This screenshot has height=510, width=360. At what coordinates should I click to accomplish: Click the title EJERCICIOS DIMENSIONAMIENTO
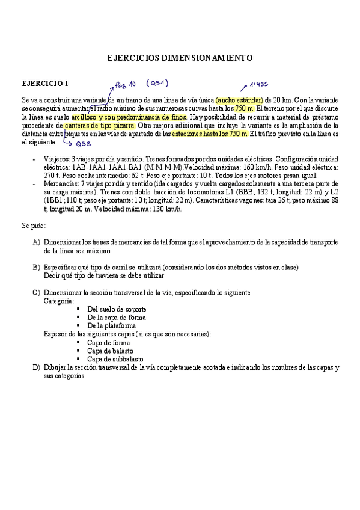tap(180, 58)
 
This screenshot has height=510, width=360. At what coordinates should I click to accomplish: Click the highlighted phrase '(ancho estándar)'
tap(239, 100)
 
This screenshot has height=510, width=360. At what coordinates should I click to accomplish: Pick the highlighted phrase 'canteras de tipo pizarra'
tap(99, 125)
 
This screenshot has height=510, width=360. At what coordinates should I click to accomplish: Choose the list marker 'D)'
tap(37, 367)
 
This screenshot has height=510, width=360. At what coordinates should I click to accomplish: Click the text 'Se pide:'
tap(34, 226)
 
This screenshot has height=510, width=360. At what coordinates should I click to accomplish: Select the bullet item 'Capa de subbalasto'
tap(115, 359)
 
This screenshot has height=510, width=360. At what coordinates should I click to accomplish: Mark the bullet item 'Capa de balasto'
tap(110, 351)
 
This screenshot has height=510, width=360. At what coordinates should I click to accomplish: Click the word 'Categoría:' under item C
tap(59, 300)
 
